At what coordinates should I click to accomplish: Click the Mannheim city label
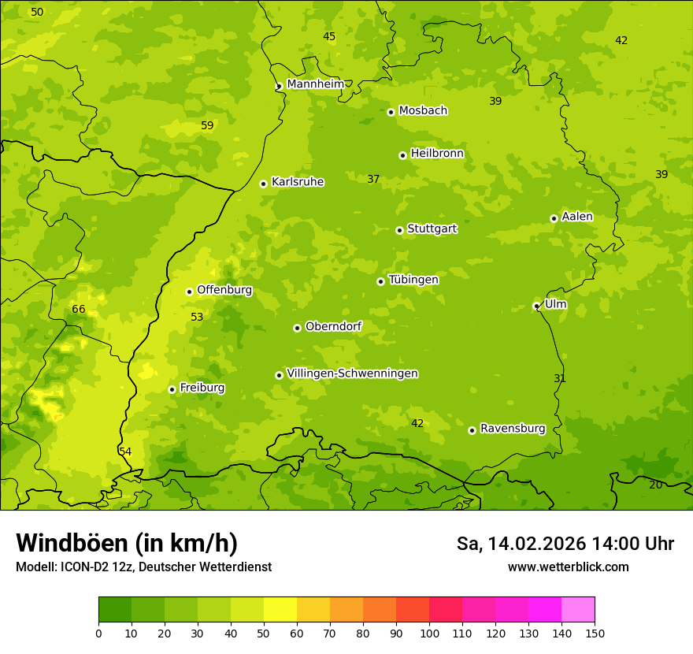click(315, 84)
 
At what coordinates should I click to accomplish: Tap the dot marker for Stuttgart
click(399, 230)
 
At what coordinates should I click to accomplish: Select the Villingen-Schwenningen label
click(352, 373)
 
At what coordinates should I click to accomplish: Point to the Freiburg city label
click(202, 388)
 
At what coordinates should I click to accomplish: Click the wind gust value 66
click(79, 309)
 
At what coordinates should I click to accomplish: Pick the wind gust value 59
click(207, 125)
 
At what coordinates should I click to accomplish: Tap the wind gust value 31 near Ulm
click(560, 378)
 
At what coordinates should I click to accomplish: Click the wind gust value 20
click(655, 485)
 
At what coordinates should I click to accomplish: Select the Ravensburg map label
click(513, 429)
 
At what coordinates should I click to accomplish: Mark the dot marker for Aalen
click(554, 218)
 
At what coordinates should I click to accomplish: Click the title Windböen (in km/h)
click(127, 543)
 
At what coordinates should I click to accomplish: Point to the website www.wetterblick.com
click(568, 567)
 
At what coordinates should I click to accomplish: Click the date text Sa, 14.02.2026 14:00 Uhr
click(565, 544)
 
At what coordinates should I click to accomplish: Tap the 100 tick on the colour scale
click(429, 632)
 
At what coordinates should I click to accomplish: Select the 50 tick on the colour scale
click(264, 632)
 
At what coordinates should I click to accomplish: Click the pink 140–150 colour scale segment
click(578, 610)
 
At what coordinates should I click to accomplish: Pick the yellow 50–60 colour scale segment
click(280, 610)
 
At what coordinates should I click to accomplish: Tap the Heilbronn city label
click(437, 154)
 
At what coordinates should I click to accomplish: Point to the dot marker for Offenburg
click(189, 292)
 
